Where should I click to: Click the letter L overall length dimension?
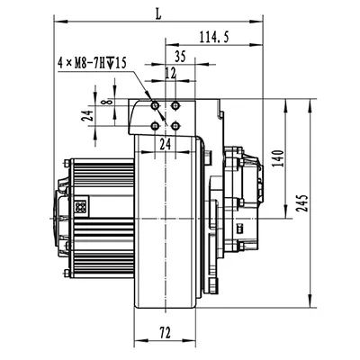(x=159, y=12)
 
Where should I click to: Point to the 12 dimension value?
(x=171, y=71)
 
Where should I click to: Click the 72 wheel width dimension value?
(x=166, y=333)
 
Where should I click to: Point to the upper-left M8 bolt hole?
(x=157, y=105)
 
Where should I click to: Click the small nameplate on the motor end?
(x=82, y=205)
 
